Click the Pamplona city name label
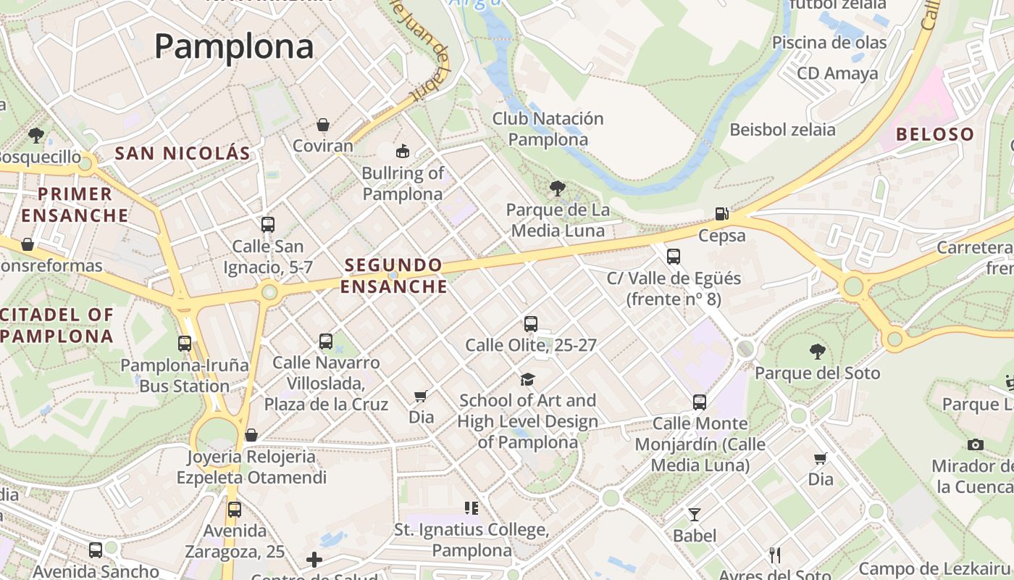point(233,47)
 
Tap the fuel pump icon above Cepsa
point(721,213)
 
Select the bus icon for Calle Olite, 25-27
point(531,324)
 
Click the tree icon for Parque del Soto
point(818,352)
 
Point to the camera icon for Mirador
point(976,444)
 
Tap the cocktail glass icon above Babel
point(695,515)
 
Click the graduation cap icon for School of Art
point(527,379)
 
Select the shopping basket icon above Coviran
point(323,125)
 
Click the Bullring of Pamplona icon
point(402,152)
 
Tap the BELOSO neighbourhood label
point(935,134)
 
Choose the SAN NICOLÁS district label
point(183,153)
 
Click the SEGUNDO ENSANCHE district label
point(394,275)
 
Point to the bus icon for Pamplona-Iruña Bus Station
point(185,344)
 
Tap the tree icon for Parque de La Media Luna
point(558,189)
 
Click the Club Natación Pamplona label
point(548,128)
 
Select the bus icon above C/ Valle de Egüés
point(674,256)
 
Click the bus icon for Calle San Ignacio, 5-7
point(268,225)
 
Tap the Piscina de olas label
point(829,42)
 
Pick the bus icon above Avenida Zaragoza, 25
point(234,510)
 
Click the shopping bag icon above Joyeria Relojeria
point(251,435)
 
